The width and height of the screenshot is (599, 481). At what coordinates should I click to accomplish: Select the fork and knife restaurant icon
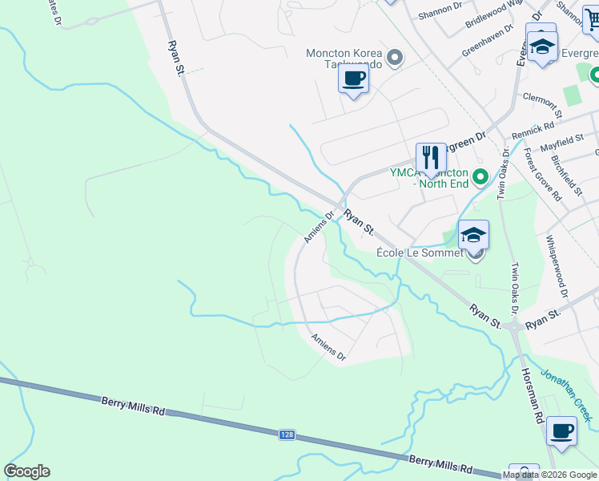(431, 157)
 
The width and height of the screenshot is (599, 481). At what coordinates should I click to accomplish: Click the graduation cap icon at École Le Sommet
(473, 235)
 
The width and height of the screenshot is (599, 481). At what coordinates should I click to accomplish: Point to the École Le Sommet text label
(420, 253)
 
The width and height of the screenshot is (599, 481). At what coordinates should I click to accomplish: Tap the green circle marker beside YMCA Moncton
(480, 176)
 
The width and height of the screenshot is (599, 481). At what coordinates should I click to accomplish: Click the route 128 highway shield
(287, 435)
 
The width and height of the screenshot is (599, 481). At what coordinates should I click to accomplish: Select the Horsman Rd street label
(533, 395)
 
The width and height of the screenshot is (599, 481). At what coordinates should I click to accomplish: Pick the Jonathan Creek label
(567, 394)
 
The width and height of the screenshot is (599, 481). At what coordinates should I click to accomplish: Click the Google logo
(26, 471)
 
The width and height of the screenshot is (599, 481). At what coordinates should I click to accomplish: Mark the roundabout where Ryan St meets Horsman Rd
(516, 325)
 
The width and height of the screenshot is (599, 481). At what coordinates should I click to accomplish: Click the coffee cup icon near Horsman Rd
(562, 430)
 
